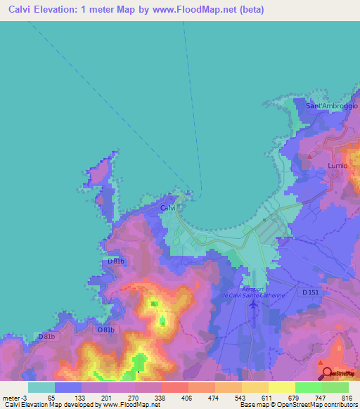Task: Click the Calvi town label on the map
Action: click(168, 209)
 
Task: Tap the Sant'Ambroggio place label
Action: click(333, 105)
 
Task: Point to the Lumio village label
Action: click(337, 165)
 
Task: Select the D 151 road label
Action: click(311, 292)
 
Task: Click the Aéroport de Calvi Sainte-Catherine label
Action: click(263, 292)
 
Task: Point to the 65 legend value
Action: click(51, 397)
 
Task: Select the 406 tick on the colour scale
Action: click(187, 397)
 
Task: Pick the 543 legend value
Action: click(240, 397)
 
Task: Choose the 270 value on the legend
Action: click(132, 397)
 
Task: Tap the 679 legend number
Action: click(295, 397)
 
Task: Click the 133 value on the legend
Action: click(78, 397)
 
